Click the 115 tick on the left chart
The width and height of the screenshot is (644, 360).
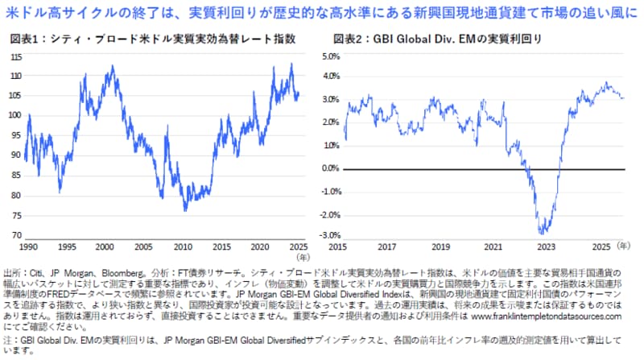coord(16,57)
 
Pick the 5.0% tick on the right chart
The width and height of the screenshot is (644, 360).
coord(331,57)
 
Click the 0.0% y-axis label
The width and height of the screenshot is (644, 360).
coord(331,168)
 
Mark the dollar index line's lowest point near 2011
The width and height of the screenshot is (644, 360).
coord(187,211)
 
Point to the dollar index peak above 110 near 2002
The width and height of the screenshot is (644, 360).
coord(112,66)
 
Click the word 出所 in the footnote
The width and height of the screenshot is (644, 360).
coord(12,274)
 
